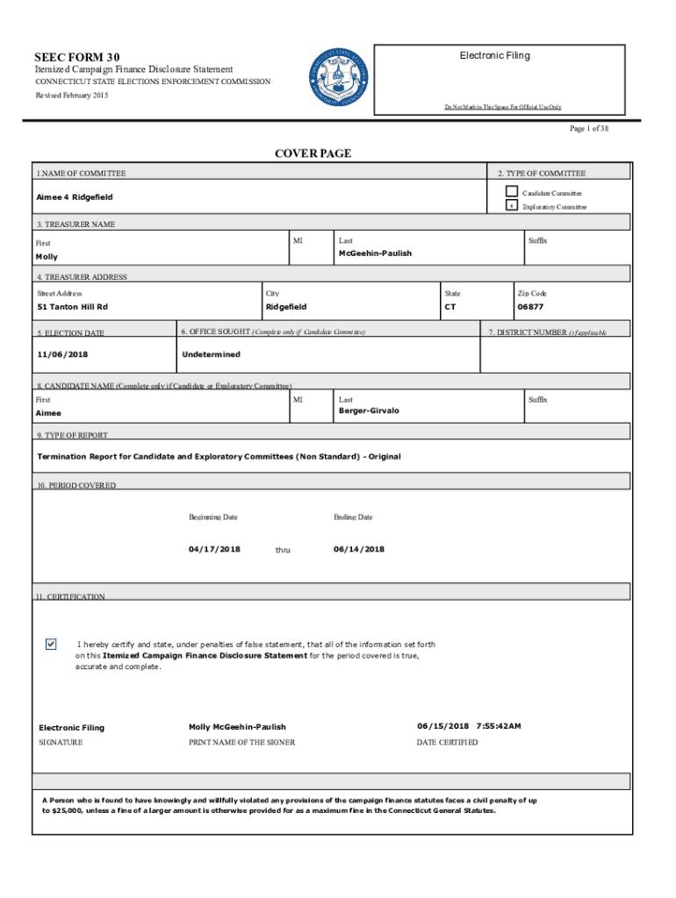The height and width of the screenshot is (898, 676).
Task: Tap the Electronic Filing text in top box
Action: coord(494,55)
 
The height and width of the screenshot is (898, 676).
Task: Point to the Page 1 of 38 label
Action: coord(589,129)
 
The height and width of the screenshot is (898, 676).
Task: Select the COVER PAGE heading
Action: coord(313,153)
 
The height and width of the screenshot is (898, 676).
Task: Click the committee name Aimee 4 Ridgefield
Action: coord(75,197)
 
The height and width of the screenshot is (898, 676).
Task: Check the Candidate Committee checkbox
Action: coord(511,192)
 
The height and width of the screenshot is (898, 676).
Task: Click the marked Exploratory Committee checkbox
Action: coord(511,207)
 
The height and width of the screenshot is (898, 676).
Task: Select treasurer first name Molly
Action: coord(47,257)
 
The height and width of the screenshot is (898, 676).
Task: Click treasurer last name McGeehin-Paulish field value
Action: coord(375,253)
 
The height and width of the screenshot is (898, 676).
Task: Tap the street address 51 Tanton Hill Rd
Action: coord(73,307)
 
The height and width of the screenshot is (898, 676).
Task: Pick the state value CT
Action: coord(450,307)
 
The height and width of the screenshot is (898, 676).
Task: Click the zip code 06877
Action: coord(531,307)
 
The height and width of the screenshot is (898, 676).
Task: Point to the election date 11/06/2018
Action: coord(62,354)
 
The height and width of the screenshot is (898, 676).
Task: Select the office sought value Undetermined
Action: coord(211,354)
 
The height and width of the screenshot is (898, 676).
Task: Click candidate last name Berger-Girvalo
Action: coord(369,410)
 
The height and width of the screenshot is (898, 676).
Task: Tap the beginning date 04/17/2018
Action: coord(214,549)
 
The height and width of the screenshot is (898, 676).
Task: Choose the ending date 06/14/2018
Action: coord(359,549)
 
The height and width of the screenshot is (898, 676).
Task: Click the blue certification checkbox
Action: coord(51,645)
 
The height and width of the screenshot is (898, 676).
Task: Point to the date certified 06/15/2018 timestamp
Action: coord(469,726)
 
